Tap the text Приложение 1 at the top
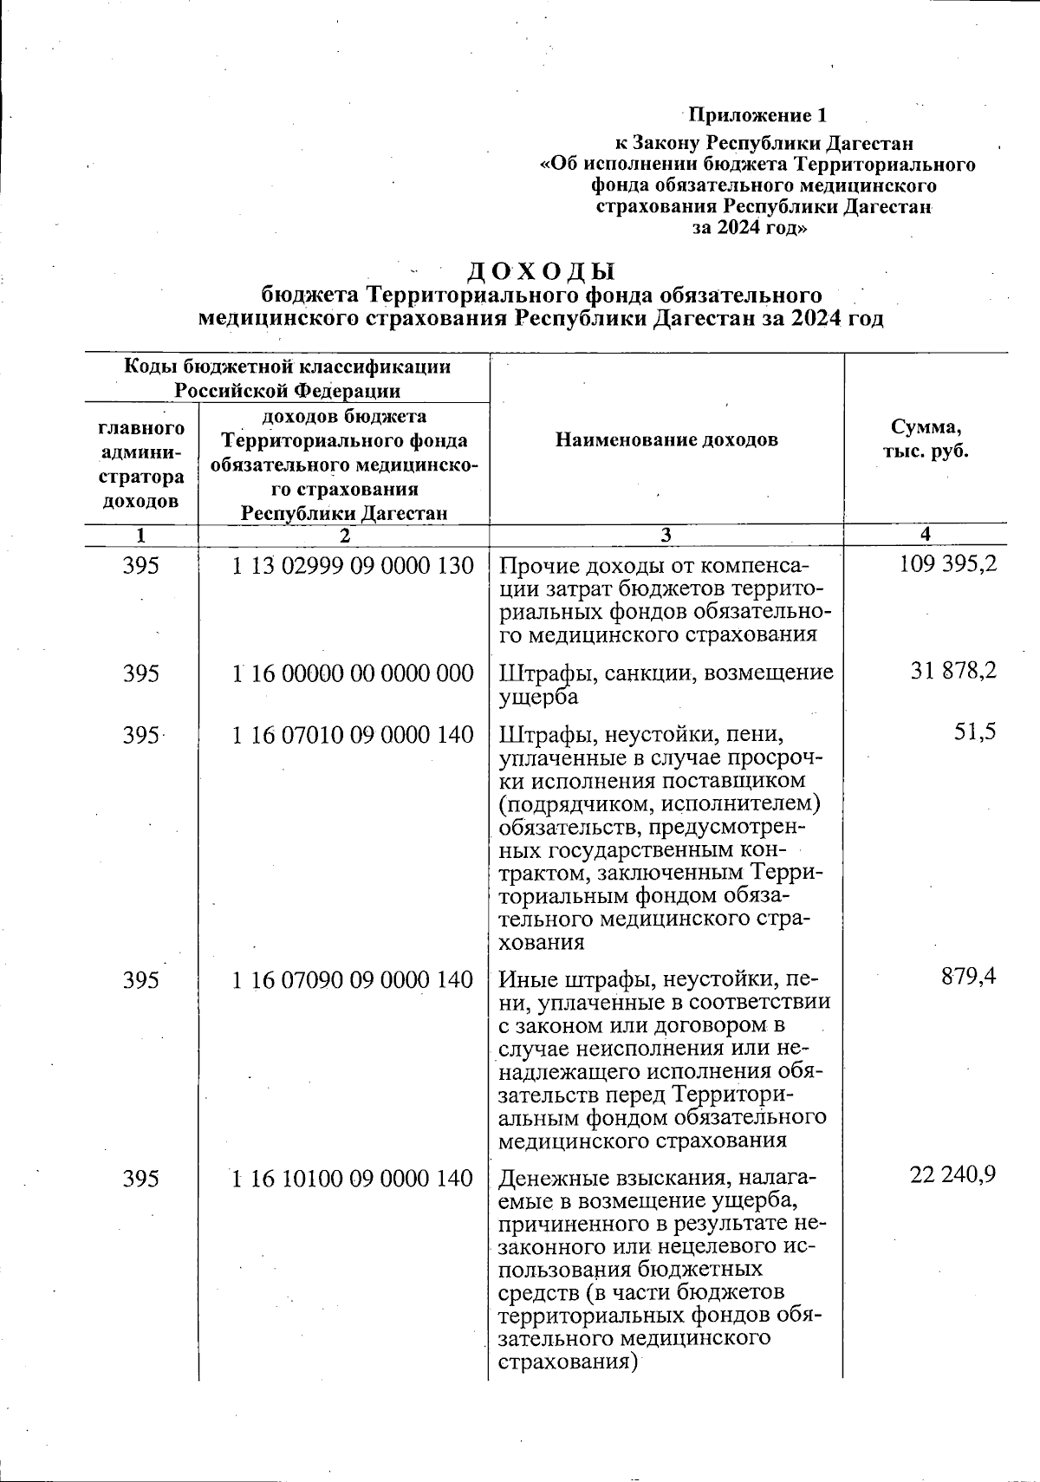coord(757,115)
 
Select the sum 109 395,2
coord(948,564)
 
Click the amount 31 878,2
coord(953,671)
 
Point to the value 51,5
coord(974,733)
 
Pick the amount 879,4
coord(968,977)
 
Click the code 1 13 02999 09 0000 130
coord(354,566)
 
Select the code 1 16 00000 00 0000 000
coord(354,673)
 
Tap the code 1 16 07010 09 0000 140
coord(354,735)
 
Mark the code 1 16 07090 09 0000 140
coord(354,980)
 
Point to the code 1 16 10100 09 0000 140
coord(354,1178)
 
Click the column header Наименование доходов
coord(666,439)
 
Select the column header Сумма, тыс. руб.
coord(926,439)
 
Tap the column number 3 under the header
coord(665,536)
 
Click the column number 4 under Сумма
coord(926,534)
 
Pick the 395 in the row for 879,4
coord(141,980)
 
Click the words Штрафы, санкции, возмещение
coord(666,673)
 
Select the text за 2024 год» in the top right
coord(751,228)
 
